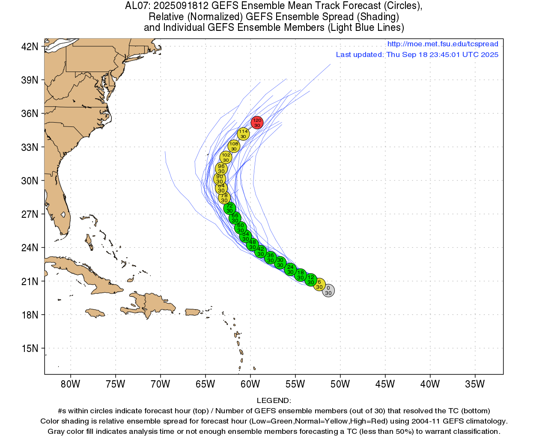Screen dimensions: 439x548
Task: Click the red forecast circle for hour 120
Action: [x=257, y=123]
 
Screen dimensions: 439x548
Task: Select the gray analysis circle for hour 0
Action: [x=328, y=291]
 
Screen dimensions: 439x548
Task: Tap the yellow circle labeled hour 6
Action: [x=319, y=285]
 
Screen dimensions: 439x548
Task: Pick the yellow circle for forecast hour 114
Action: [x=243, y=134]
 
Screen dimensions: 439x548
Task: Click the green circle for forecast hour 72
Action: [x=229, y=208]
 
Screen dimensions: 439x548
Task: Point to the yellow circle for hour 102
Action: [x=226, y=157]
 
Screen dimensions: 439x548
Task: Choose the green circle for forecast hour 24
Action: [x=290, y=270]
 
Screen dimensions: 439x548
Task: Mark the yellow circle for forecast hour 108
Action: [x=234, y=146]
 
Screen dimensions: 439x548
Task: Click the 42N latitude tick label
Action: [x=30, y=46]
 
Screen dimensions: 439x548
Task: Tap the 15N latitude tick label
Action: [x=30, y=348]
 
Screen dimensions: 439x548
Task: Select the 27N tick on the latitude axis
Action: [x=30, y=214]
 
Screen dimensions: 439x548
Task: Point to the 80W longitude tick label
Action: [x=70, y=384]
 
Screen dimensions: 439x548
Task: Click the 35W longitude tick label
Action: [x=475, y=384]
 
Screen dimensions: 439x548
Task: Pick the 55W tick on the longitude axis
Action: [x=295, y=384]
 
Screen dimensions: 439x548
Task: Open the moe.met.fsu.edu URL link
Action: [x=443, y=44]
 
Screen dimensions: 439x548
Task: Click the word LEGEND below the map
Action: [x=274, y=400]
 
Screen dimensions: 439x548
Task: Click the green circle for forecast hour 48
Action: [x=253, y=245]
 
